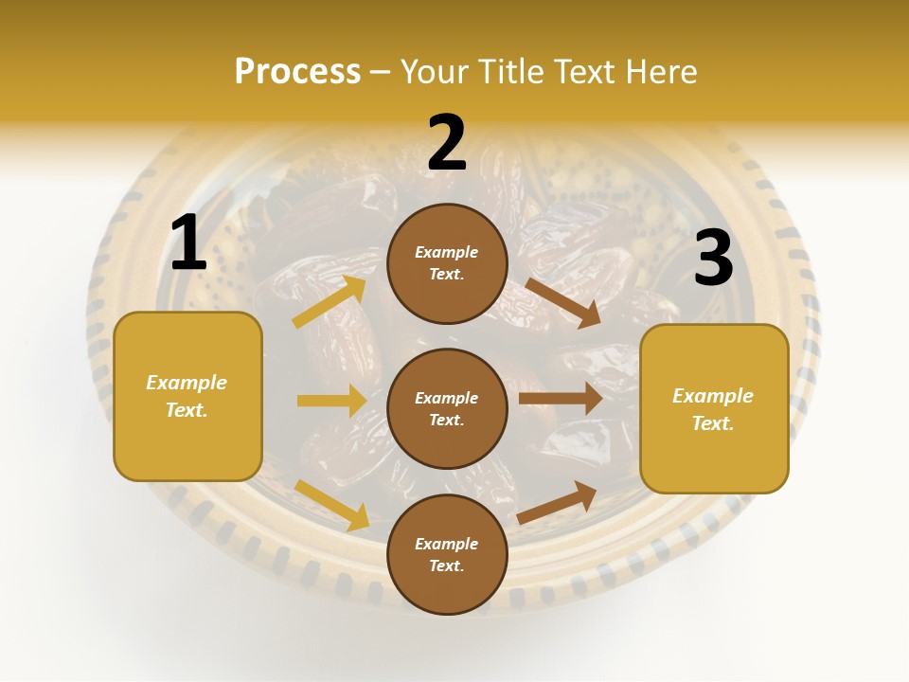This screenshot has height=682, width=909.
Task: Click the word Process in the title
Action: pyautogui.click(x=297, y=72)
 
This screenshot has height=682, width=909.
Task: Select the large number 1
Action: pyautogui.click(x=188, y=243)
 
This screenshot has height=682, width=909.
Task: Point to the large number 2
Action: pyautogui.click(x=447, y=143)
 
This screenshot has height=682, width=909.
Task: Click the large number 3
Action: pyautogui.click(x=713, y=259)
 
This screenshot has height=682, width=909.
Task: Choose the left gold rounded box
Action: pyautogui.click(x=187, y=396)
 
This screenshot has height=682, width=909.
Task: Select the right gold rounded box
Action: pyautogui.click(x=714, y=408)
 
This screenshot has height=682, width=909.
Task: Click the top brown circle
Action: pyautogui.click(x=447, y=263)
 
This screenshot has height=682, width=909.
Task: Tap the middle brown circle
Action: pyautogui.click(x=447, y=408)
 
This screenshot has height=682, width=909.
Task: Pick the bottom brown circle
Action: pyautogui.click(x=447, y=554)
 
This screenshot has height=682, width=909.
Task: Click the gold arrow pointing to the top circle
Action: pyautogui.click(x=330, y=302)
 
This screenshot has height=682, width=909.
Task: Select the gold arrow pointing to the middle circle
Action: pyautogui.click(x=331, y=401)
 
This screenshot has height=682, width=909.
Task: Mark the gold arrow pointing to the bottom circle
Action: pyautogui.click(x=331, y=504)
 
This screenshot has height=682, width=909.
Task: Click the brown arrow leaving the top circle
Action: pyautogui.click(x=562, y=302)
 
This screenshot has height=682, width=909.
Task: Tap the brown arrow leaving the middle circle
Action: pyautogui.click(x=561, y=399)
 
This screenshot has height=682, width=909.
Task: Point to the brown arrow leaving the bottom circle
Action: pyautogui.click(x=557, y=502)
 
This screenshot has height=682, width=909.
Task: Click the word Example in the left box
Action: pyautogui.click(x=187, y=383)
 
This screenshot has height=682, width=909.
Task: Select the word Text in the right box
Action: pyautogui.click(x=712, y=423)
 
